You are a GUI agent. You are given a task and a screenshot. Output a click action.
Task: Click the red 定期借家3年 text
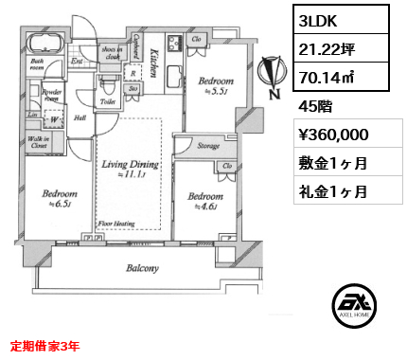(x=46, y=345)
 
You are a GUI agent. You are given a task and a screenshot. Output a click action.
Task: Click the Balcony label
(x=144, y=268)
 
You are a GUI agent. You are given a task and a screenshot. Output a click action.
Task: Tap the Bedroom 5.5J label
(x=215, y=87)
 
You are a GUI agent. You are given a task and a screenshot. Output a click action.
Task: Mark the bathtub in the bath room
(x=44, y=43)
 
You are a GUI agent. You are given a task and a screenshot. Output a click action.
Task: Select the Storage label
(x=209, y=146)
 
